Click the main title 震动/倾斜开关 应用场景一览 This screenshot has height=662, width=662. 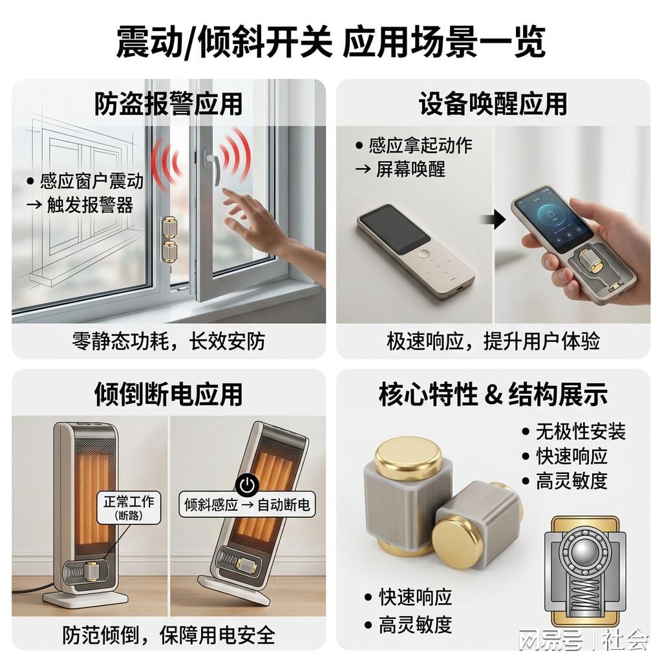[330, 41]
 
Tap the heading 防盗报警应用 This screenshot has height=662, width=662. [168, 103]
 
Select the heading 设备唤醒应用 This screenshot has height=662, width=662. [493, 103]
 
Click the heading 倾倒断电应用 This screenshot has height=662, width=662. [168, 394]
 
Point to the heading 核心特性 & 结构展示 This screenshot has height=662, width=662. [493, 394]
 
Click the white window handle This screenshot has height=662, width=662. [212, 166]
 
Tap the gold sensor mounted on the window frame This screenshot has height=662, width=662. [169, 239]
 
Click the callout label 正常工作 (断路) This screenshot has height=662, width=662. [129, 507]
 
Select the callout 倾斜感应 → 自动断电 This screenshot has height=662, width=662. [247, 504]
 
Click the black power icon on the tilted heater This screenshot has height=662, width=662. [247, 486]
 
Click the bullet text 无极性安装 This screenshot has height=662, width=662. [581, 431]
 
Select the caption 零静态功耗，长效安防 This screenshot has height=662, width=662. [168, 341]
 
